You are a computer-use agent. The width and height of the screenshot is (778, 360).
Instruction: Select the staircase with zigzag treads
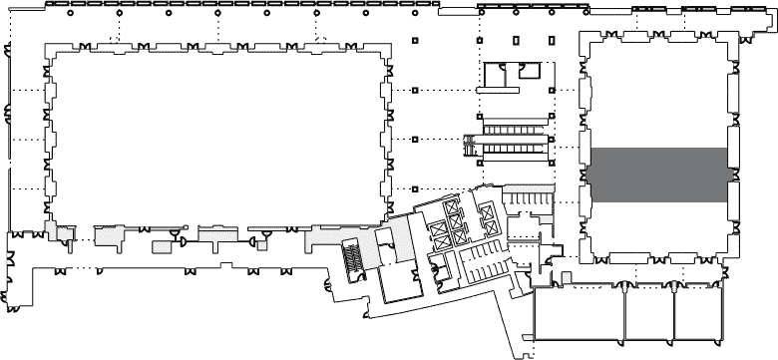pyautogui.click(x=351, y=256)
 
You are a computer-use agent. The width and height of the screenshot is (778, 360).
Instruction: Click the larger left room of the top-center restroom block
pyautogui.click(x=495, y=75)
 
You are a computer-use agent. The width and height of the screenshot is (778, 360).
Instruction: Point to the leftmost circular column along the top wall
pyautogui.click(x=71, y=12)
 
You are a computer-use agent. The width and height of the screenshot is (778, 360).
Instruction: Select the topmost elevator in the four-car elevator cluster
pyautogui.click(x=454, y=206)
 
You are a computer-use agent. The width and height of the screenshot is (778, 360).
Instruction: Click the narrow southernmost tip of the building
pyautogui.click(x=523, y=349)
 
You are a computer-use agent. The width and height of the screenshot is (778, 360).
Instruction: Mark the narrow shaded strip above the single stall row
pyautogui.click(x=528, y=186)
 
